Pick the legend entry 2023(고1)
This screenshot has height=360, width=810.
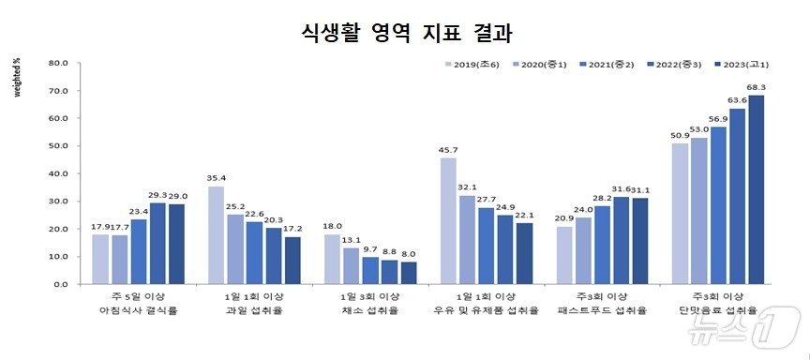[746, 64]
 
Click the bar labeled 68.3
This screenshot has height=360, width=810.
[756, 189]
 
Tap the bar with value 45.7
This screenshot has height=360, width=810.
[448, 220]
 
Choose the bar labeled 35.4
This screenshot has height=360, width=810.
[217, 234]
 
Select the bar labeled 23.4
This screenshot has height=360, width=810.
[139, 251]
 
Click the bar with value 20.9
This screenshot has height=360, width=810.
[564, 254]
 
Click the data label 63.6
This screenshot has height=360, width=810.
[737, 100]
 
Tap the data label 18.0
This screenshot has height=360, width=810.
[332, 226]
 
